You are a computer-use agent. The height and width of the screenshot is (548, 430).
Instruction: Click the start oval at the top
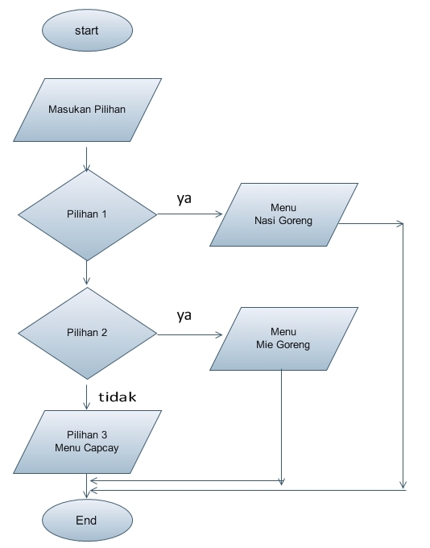pyautogui.click(x=87, y=31)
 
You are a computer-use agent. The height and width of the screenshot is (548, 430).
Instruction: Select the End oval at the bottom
pyautogui.click(x=86, y=521)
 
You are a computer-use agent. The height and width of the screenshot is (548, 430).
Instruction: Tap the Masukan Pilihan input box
pyautogui.click(x=87, y=110)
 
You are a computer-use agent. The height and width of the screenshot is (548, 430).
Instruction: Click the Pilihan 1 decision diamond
pyautogui.click(x=87, y=214)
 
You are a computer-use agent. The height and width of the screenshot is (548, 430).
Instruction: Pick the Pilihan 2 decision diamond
pyautogui.click(x=87, y=333)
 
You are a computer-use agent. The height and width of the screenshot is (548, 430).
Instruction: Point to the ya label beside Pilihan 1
pyautogui.click(x=184, y=198)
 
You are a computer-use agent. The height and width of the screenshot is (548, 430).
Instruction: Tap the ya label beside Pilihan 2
pyautogui.click(x=184, y=315)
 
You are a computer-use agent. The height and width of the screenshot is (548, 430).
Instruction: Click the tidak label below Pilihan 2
pyautogui.click(x=118, y=397)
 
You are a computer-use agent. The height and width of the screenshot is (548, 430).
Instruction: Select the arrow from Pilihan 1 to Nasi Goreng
pyautogui.click(x=190, y=214)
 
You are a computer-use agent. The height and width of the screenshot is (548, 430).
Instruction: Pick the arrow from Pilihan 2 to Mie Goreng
pyautogui.click(x=190, y=334)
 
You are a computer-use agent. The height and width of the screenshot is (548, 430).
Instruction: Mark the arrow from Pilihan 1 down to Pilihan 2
pyautogui.click(x=86, y=273)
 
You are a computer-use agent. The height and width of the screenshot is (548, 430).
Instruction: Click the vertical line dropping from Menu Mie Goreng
pyautogui.click(x=281, y=427)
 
